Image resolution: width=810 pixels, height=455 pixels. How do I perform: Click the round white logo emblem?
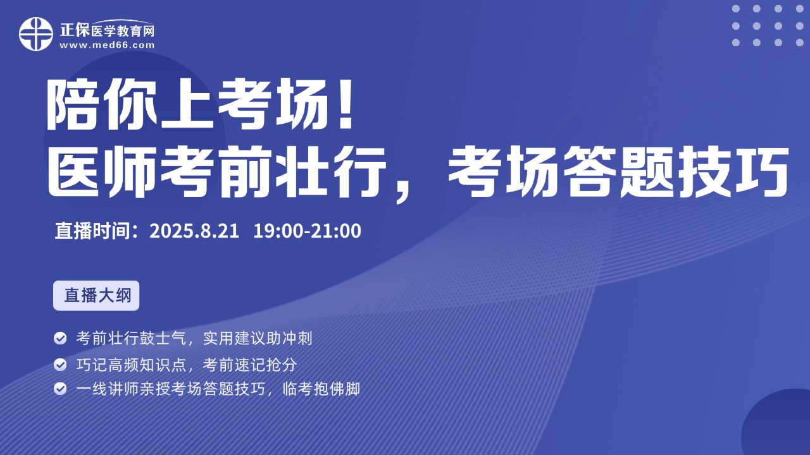click(x=36, y=34)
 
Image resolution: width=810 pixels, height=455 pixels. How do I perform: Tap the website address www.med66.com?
click(x=107, y=45)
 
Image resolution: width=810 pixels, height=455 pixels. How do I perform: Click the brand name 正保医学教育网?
click(x=107, y=30)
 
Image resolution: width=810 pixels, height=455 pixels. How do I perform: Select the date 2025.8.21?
click(x=194, y=231)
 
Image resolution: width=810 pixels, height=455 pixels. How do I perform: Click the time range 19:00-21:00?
click(x=307, y=231)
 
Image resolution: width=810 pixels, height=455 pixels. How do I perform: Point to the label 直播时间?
click(x=92, y=231)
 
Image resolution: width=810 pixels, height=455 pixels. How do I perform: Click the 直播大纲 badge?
click(x=96, y=295)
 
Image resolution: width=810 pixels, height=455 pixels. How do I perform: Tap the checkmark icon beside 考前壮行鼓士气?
click(x=60, y=338)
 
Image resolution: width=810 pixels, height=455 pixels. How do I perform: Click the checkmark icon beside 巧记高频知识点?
click(x=60, y=365)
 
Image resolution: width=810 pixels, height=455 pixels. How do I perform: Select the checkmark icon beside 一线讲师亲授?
click(x=60, y=389)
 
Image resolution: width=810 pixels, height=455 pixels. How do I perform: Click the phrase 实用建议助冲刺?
click(x=258, y=338)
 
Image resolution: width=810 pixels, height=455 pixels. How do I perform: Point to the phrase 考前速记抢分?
click(x=250, y=365)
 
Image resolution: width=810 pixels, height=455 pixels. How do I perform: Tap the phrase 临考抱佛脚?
click(x=321, y=389)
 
